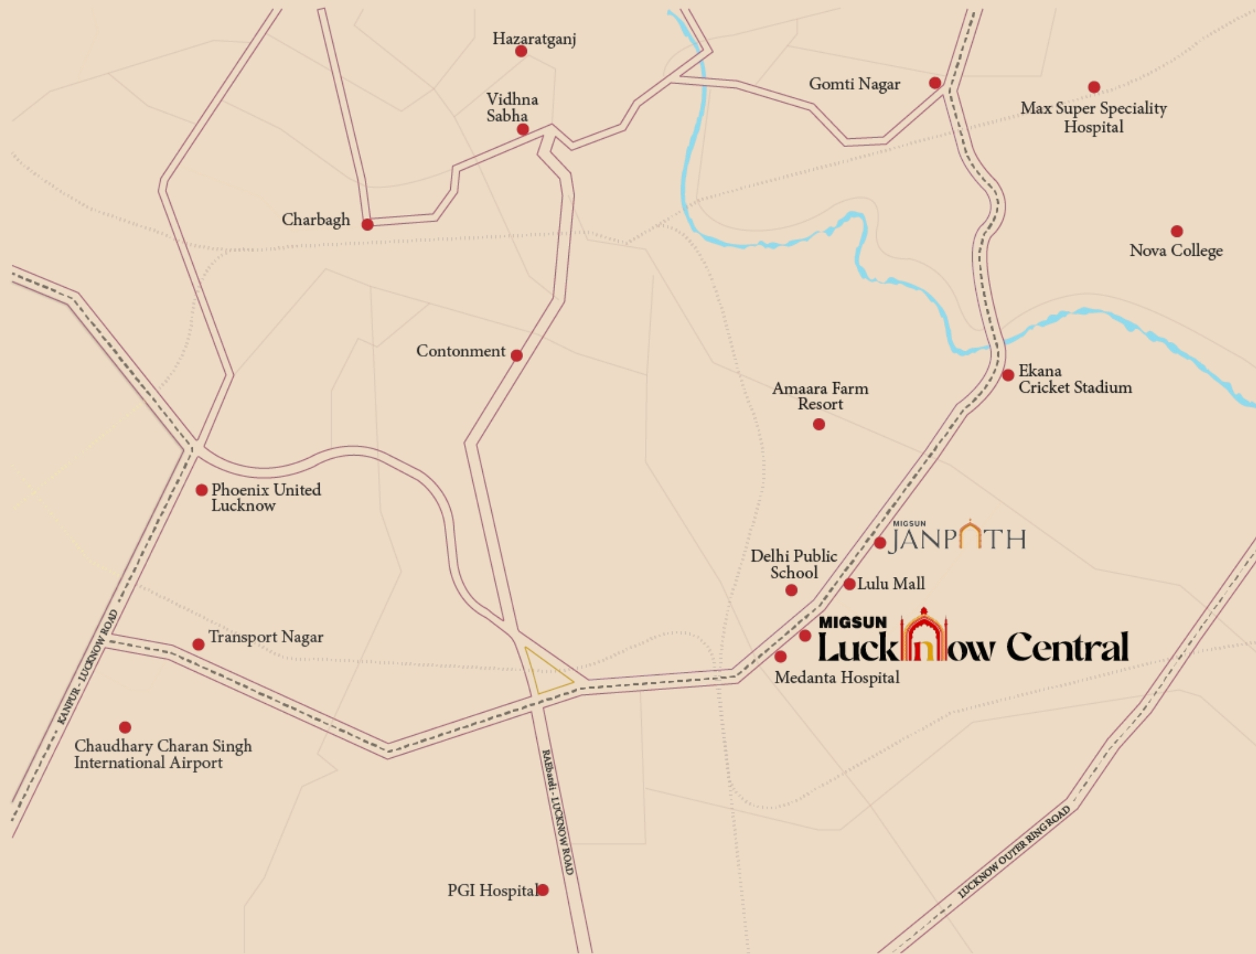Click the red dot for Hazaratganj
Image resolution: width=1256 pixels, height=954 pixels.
(x=521, y=51)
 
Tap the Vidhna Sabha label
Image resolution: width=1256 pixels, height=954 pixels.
(x=511, y=107)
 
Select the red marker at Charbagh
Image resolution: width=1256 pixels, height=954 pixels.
(x=367, y=224)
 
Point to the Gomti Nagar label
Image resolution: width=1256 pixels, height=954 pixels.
(x=854, y=84)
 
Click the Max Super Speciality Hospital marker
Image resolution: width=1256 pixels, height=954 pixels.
(x=1094, y=87)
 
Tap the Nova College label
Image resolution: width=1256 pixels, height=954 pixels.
(x=1176, y=250)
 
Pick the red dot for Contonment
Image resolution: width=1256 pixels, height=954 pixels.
(x=516, y=355)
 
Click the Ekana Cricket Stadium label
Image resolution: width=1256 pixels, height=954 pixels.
(x=1075, y=379)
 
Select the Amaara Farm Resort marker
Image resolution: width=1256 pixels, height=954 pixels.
(x=819, y=424)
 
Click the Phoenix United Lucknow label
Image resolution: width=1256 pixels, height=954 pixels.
(x=266, y=497)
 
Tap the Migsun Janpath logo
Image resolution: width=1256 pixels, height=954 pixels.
(x=957, y=537)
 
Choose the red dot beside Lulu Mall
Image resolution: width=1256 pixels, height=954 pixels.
(x=849, y=584)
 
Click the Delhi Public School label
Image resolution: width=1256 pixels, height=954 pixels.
(x=794, y=564)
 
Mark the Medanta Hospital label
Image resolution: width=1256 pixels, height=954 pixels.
(x=836, y=677)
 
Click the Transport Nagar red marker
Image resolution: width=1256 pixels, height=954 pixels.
(x=198, y=644)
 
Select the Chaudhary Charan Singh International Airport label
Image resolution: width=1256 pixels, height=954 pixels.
(x=163, y=754)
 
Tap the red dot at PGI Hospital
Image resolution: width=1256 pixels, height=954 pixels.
(x=543, y=889)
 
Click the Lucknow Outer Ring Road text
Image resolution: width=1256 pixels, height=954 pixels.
(x=1014, y=852)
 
